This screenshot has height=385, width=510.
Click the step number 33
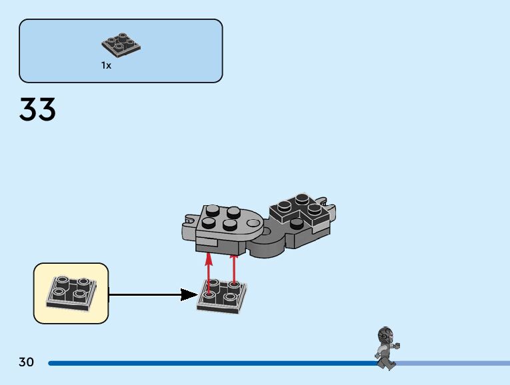pyautogui.click(x=37, y=110)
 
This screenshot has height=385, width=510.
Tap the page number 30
pyautogui.click(x=26, y=362)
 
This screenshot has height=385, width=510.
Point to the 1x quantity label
pyautogui.click(x=106, y=65)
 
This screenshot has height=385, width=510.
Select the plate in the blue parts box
pyautogui.click(x=121, y=44)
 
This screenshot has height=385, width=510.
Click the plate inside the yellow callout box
pyautogui.click(x=69, y=292)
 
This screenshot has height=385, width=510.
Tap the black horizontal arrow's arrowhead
pyautogui.click(x=189, y=294)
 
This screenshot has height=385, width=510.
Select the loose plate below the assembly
pyautogui.click(x=221, y=296)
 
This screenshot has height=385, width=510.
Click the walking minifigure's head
pyautogui.click(x=385, y=334)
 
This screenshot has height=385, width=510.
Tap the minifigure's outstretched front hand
pyautogui.click(x=397, y=346)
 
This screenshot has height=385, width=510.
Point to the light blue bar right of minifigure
pyautogui.click(x=453, y=363)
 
